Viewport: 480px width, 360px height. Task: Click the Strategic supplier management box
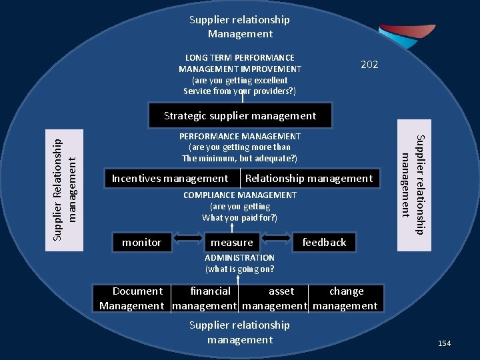240,115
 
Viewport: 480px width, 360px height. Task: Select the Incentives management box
170,178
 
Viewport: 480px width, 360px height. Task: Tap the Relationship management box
309,178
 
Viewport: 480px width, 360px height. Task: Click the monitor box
141,242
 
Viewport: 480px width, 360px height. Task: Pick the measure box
231,242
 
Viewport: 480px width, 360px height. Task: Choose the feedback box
324,242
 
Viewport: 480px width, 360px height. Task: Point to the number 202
369,65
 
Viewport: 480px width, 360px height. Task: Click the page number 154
444,343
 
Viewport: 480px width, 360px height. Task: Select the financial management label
206,298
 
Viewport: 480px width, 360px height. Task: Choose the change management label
345,298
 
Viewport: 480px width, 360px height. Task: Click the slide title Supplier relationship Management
240,27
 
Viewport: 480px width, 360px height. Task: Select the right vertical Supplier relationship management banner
414,185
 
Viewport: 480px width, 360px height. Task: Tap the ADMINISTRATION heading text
239,257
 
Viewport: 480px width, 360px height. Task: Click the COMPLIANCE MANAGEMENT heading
240,195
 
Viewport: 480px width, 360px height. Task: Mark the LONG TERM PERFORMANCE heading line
240,57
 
